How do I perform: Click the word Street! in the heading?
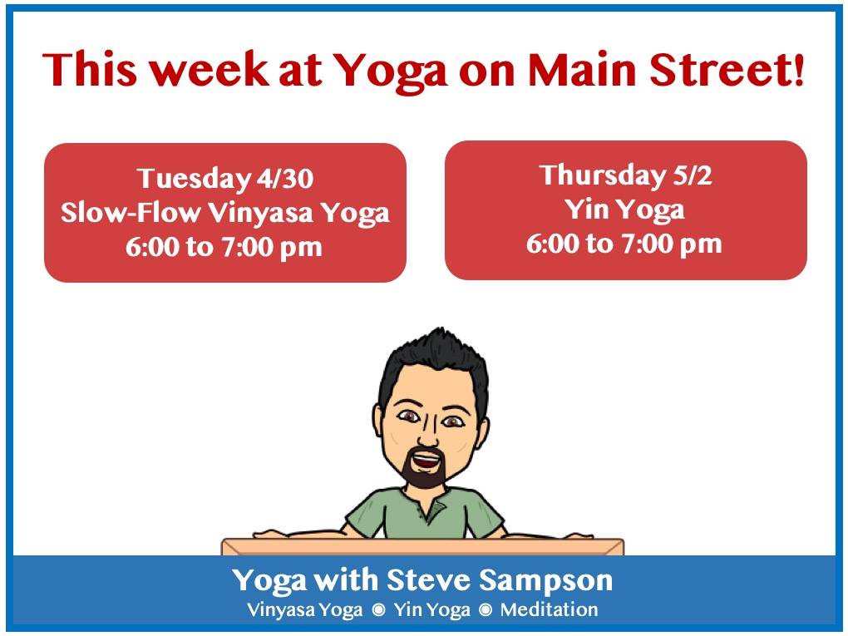coord(727,69)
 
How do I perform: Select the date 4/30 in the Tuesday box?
coord(285,179)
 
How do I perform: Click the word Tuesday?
coord(194,180)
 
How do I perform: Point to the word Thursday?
coord(603,175)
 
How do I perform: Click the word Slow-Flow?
coord(131,212)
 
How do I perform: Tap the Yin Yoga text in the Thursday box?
coord(625,210)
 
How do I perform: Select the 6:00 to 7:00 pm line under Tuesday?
coord(224,247)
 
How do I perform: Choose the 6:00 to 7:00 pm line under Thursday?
coord(624,244)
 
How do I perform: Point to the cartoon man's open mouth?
coord(426,461)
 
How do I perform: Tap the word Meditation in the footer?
coord(549,609)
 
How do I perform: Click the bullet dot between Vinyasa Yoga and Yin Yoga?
coord(379,610)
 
